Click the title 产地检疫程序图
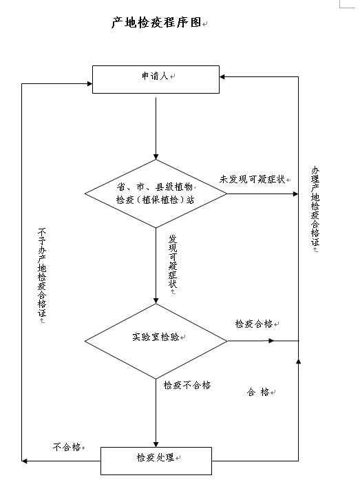tap(156, 22)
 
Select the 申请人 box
tap(156, 79)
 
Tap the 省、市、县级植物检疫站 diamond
tap(156, 194)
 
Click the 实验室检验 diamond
tap(156, 341)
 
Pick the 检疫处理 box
tap(156, 461)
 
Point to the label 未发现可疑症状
tap(252, 179)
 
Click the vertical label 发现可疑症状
tap(173, 262)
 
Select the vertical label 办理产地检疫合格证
tap(315, 207)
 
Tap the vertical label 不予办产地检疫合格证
tap(42, 273)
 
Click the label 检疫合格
tap(254, 324)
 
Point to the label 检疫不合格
tap(187, 385)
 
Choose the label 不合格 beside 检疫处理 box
tap(67, 447)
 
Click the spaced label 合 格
tap(258, 392)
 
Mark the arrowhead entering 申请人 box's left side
tap(89, 83)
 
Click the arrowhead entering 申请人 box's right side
tap(222, 77)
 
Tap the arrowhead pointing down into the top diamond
tap(156, 157)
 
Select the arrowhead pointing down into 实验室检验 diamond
tap(156, 301)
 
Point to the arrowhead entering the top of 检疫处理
tap(156, 444)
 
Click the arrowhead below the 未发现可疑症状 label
tap(295, 194)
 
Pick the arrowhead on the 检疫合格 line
tap(271, 341)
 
